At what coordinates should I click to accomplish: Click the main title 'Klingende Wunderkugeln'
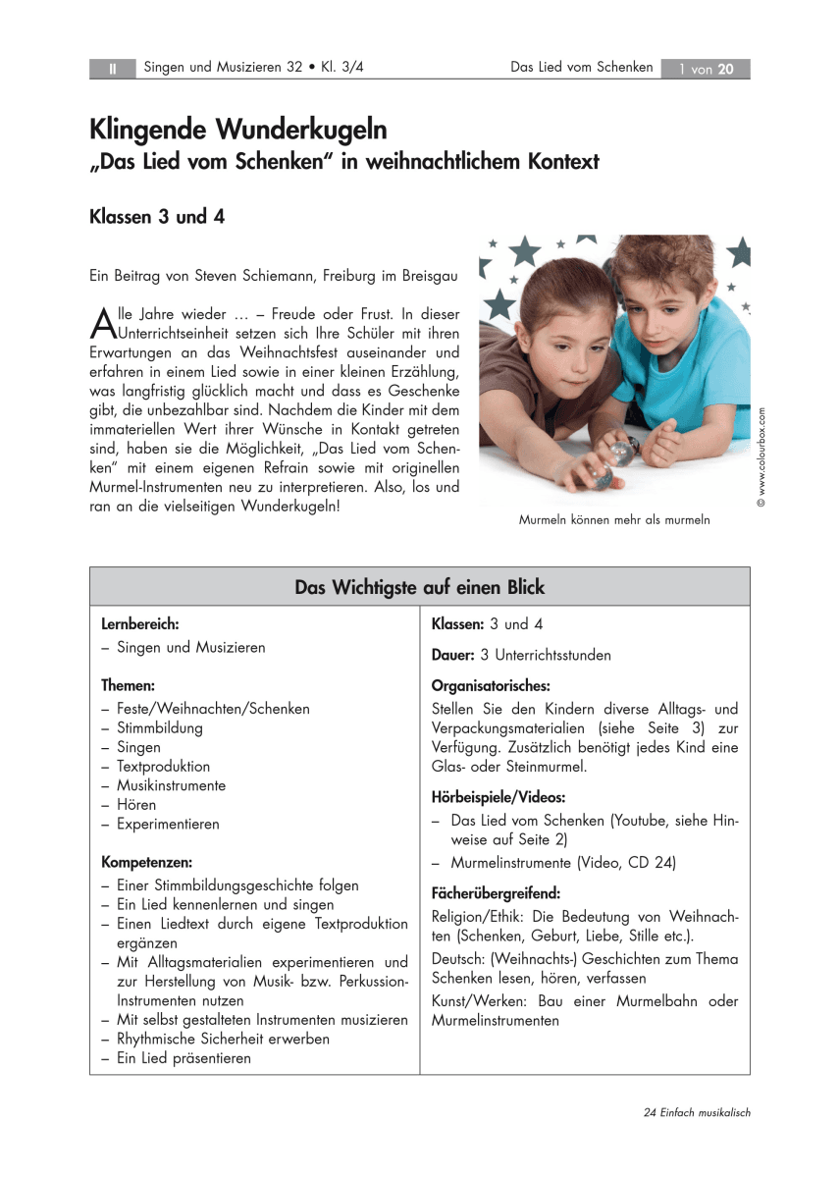point(238,130)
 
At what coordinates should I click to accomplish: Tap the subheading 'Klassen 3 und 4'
point(157,217)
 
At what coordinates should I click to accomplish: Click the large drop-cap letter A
point(101,322)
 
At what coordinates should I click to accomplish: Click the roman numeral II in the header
point(112,69)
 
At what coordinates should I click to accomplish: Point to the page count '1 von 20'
point(706,69)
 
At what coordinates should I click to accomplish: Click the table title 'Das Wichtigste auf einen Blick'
point(419,587)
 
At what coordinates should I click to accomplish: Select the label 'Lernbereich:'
point(140,624)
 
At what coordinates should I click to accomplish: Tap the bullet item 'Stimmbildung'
point(159,728)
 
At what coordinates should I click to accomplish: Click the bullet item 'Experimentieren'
point(168,825)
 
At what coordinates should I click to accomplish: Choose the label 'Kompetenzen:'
point(147,862)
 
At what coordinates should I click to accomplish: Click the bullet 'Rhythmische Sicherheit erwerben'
point(223,1039)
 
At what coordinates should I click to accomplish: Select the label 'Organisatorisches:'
point(491,685)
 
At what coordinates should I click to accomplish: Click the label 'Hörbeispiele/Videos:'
point(498,797)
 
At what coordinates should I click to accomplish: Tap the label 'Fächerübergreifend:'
point(496,893)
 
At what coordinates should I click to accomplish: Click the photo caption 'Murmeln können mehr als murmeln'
point(614,520)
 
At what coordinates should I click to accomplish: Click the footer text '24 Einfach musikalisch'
point(697,1112)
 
